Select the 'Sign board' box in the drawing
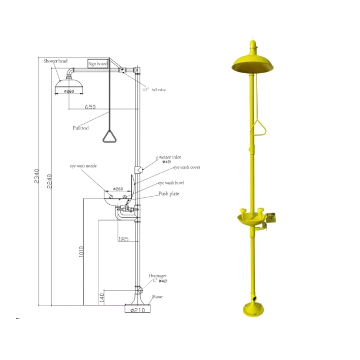pyautogui.click(x=97, y=64)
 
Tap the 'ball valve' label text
pyautogui.click(x=158, y=89)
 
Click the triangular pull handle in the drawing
pyautogui.click(x=109, y=136)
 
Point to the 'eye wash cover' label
pyautogui.click(x=186, y=167)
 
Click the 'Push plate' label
pyautogui.click(x=168, y=193)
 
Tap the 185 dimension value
pyautogui.click(x=124, y=239)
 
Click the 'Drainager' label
pyautogui.click(x=157, y=276)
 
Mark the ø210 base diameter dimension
pyautogui.click(x=138, y=310)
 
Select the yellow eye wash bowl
pyautogui.click(x=251, y=218)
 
